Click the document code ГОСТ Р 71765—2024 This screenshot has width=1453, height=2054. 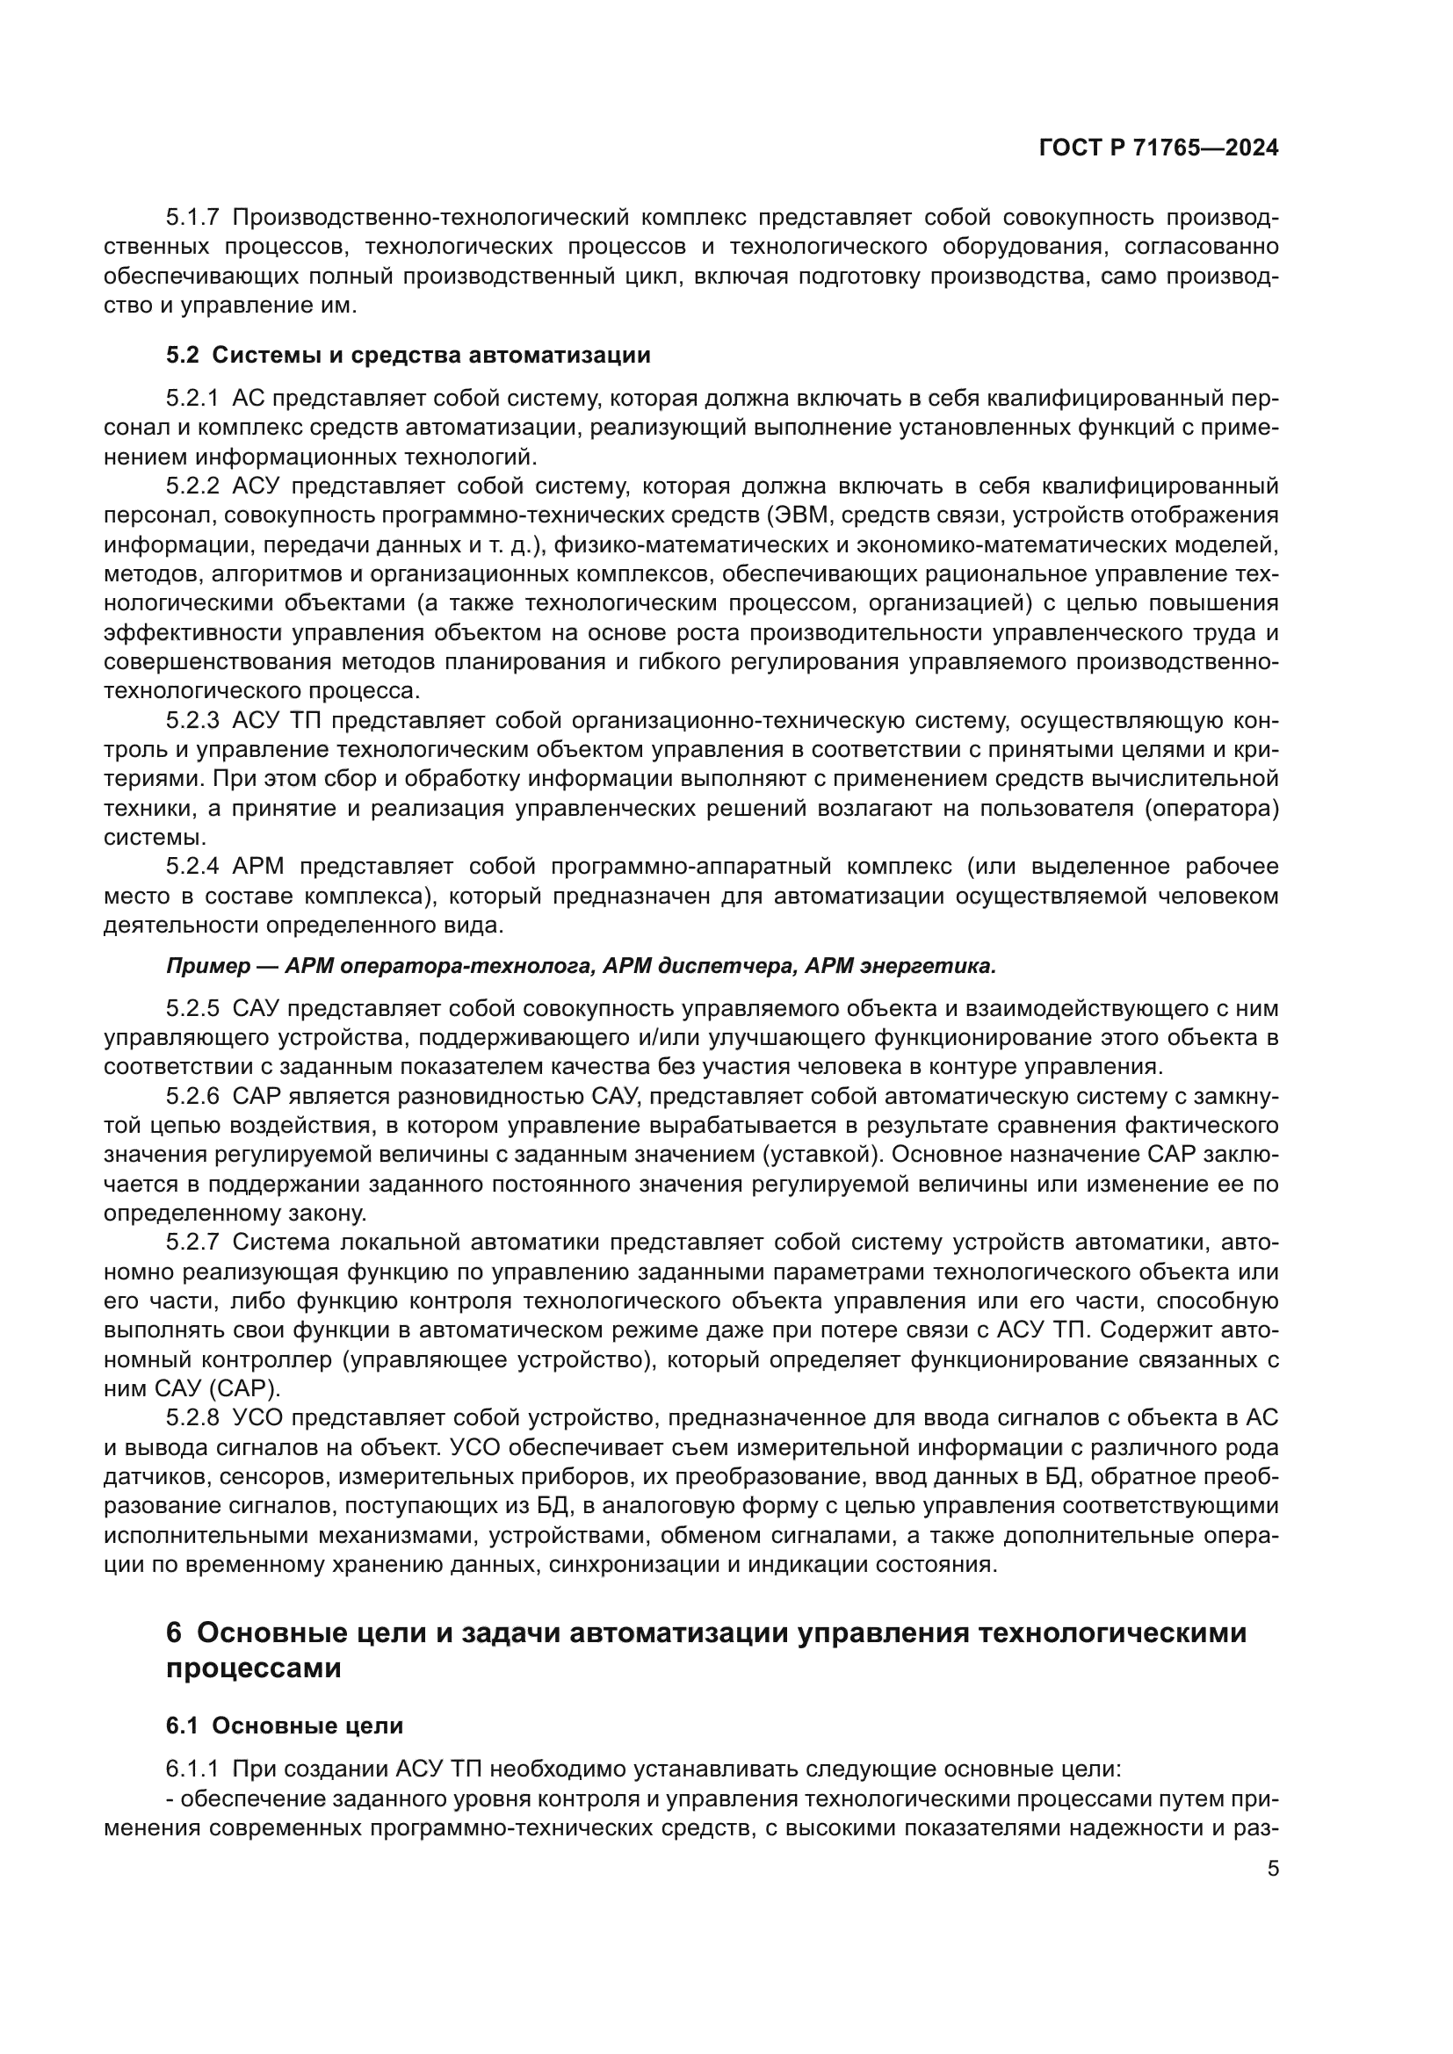(1159, 148)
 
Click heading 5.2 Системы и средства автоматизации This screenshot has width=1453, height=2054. (408, 355)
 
